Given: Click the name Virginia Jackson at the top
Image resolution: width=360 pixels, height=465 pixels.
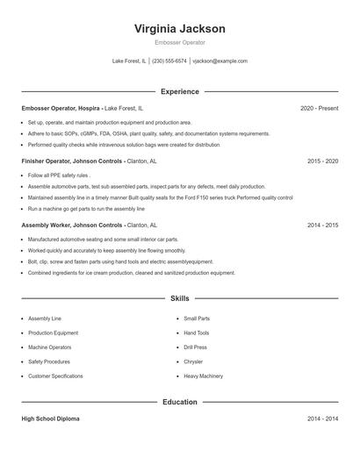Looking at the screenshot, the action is pyautogui.click(x=180, y=28).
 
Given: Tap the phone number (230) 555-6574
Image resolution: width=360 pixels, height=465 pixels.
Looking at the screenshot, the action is pyautogui.click(x=169, y=61).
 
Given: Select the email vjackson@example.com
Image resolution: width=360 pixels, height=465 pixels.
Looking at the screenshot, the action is pyautogui.click(x=220, y=61).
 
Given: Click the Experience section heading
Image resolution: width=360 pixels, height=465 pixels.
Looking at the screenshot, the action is pyautogui.click(x=180, y=91).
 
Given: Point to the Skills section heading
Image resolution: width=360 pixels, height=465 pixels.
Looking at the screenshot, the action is pyautogui.click(x=180, y=299).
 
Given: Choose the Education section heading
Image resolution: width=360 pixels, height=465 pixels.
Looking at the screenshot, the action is pyautogui.click(x=180, y=402).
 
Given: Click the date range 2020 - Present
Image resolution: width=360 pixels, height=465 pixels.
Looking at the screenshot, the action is pyautogui.click(x=319, y=108).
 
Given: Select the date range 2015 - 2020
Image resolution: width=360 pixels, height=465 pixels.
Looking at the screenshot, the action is pyautogui.click(x=322, y=161).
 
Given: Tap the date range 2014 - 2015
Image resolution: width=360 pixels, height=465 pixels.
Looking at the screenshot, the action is pyautogui.click(x=322, y=225).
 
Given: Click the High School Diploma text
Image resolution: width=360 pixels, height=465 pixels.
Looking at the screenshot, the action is pyautogui.click(x=54, y=419).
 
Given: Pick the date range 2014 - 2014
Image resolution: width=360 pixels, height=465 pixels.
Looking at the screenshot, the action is pyautogui.click(x=322, y=419).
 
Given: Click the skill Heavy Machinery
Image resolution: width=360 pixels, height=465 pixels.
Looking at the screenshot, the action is pyautogui.click(x=203, y=376).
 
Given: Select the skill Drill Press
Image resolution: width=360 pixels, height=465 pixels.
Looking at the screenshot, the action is pyautogui.click(x=196, y=347).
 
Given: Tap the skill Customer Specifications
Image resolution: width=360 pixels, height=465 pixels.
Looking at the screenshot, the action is pyautogui.click(x=55, y=376).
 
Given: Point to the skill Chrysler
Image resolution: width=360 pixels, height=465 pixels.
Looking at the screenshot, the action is pyautogui.click(x=193, y=361).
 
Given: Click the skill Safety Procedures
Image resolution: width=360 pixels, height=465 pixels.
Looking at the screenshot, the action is pyautogui.click(x=48, y=361).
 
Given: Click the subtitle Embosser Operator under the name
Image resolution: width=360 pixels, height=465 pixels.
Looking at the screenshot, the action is pyautogui.click(x=180, y=42).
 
